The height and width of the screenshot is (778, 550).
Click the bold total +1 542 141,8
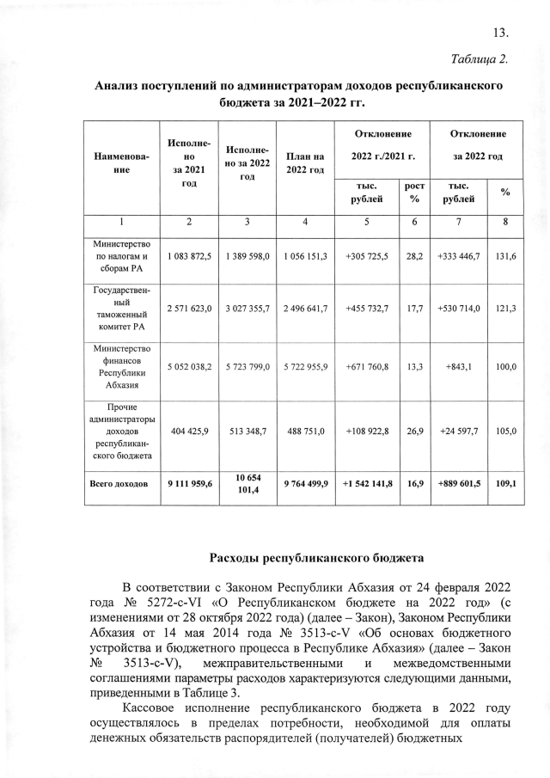(366, 485)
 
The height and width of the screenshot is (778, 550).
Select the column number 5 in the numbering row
(366, 222)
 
